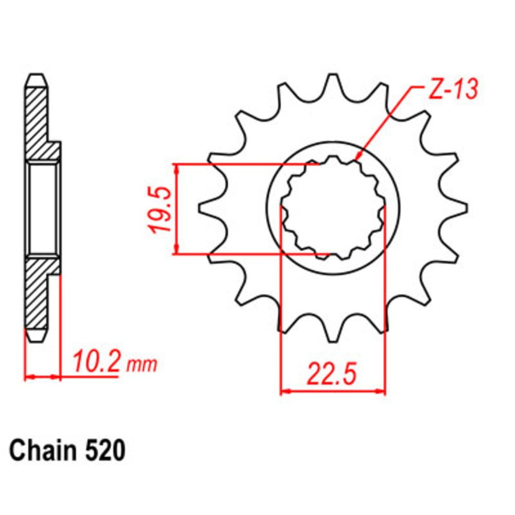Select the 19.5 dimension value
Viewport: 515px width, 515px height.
[x=159, y=210]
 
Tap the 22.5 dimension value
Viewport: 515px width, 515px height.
[x=332, y=374]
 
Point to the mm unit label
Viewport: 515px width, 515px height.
[x=142, y=365]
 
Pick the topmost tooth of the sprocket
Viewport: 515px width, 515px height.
[x=333, y=82]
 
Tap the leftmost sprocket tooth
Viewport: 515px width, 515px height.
[x=205, y=208]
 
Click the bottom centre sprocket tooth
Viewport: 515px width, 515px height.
[x=333, y=335]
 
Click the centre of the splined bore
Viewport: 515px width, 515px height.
[x=333, y=210]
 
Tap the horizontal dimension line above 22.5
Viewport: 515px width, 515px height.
[x=333, y=392]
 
